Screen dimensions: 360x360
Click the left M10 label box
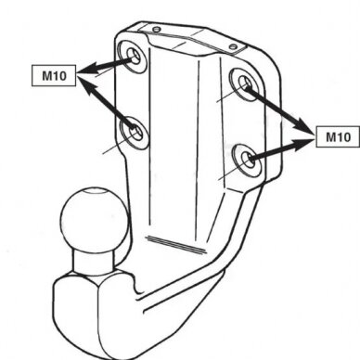point(54,75)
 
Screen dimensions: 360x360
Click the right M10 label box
point(338,136)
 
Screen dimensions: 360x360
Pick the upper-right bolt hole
point(246,84)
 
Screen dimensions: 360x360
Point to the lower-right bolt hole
point(248,159)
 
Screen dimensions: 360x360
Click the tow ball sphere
point(95,219)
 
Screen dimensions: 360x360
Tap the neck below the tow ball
point(94,263)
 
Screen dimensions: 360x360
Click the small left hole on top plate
point(157,30)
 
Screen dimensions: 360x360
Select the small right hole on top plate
point(234,47)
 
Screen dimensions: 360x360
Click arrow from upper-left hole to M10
point(105,65)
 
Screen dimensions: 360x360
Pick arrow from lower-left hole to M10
point(107,103)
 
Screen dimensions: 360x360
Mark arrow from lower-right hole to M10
point(281,149)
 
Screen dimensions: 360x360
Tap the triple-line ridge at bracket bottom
point(175,245)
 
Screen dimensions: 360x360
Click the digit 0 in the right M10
point(346,136)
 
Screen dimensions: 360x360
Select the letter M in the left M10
point(47,76)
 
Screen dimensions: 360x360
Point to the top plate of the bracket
point(193,39)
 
